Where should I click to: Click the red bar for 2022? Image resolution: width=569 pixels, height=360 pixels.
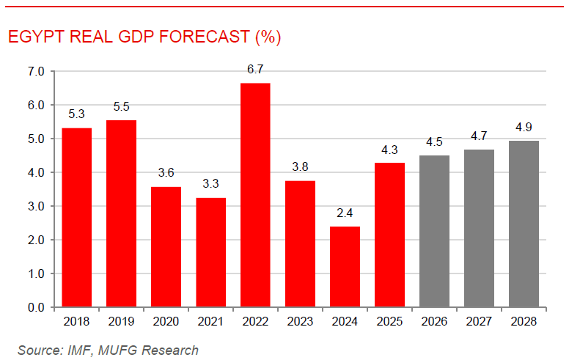[x=255, y=195]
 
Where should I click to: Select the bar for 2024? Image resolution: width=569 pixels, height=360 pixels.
[x=345, y=266]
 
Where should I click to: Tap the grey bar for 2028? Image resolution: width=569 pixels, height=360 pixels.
[x=524, y=224]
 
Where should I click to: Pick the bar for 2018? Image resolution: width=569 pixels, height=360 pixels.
[x=76, y=217]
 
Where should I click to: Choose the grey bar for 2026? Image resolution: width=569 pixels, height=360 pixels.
[x=434, y=230]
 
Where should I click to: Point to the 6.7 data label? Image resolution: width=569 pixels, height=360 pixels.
[x=255, y=70]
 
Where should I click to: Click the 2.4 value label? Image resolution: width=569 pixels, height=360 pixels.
[x=345, y=213]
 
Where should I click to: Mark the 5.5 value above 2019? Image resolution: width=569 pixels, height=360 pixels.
[x=121, y=107]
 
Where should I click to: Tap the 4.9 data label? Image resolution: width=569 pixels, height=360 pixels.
[x=524, y=128]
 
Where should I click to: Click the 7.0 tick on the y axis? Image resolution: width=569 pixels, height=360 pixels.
[x=36, y=72]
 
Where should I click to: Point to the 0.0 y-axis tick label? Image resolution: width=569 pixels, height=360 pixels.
[x=36, y=307]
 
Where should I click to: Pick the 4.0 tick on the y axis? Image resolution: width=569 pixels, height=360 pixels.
[x=36, y=173]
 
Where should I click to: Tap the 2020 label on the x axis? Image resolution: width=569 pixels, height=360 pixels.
[x=166, y=322]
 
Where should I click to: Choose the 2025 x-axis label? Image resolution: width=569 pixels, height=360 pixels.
[x=389, y=322]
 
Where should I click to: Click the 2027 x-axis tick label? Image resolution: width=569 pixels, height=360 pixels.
[x=479, y=322]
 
